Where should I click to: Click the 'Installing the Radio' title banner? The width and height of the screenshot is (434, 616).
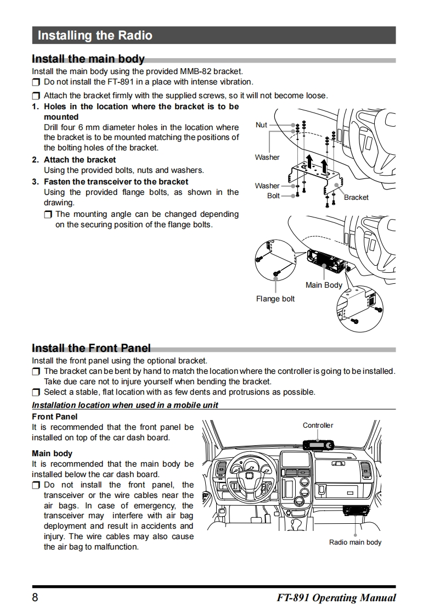(x=95, y=36)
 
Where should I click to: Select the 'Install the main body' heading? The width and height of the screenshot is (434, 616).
(x=88, y=59)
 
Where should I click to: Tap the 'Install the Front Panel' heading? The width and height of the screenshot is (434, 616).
(x=91, y=348)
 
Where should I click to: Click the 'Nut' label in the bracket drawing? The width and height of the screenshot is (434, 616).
(x=262, y=125)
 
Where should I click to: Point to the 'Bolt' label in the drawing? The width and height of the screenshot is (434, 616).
(x=273, y=196)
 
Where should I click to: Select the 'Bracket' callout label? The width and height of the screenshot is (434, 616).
(x=356, y=198)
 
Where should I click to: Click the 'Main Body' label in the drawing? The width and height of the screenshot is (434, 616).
(x=324, y=285)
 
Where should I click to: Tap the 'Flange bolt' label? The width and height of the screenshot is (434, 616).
(x=275, y=299)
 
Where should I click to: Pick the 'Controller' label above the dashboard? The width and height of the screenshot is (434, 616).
(x=318, y=425)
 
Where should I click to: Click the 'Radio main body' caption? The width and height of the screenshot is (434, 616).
(x=355, y=542)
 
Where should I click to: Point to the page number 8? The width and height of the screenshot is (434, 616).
(x=35, y=598)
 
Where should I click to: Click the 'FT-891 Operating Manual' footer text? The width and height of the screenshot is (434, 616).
(x=336, y=598)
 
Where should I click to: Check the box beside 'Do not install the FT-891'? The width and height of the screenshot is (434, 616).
(x=36, y=82)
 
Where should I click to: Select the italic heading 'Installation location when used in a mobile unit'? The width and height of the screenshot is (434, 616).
(x=125, y=405)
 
